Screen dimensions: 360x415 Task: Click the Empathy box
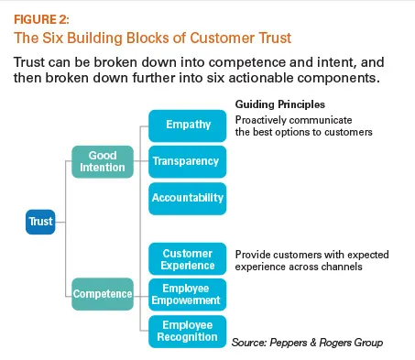187,124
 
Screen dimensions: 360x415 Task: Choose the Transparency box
187,161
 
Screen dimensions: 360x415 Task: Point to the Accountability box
187,198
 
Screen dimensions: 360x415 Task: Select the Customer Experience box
187,259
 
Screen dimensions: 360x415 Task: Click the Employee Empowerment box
187,293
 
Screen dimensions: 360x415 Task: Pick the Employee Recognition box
187,331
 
